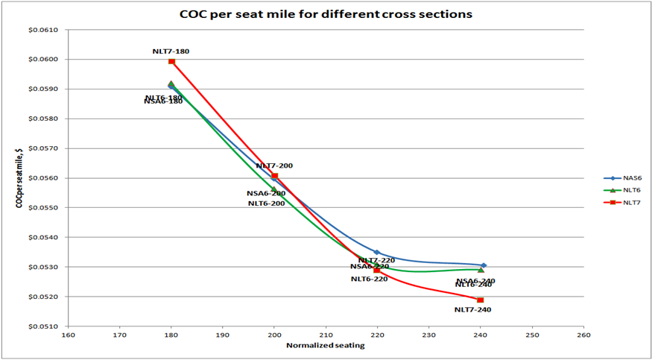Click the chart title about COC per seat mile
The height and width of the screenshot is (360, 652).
326,13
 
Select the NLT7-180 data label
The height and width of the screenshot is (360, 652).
171,51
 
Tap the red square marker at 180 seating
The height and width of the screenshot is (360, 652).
171,61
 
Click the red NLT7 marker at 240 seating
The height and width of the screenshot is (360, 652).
481,300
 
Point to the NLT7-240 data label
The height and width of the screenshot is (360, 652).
472,309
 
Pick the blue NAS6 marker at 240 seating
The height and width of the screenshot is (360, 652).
484,265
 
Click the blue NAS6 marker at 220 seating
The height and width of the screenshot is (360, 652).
377,253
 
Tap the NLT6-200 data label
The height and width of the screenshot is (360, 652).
266,203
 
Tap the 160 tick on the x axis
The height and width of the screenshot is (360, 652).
68,335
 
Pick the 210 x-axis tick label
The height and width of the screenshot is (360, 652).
326,335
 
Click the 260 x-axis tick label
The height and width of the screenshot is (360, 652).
583,335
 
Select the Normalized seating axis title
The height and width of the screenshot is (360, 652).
325,345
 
